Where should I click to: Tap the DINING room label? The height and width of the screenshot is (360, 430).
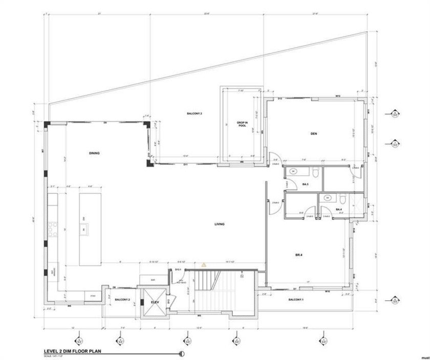[x=93, y=153]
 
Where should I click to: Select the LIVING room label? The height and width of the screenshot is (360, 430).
[x=220, y=224]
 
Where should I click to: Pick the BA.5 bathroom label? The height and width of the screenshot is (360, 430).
[x=305, y=185]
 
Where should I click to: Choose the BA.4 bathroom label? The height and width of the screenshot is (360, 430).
[x=338, y=209]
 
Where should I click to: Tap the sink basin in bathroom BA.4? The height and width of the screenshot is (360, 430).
[x=328, y=197]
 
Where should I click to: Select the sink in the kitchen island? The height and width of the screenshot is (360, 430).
[x=83, y=229]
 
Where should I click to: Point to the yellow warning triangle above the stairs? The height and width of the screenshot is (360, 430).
[x=203, y=264]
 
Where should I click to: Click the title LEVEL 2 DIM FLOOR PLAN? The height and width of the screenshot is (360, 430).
[x=73, y=351]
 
